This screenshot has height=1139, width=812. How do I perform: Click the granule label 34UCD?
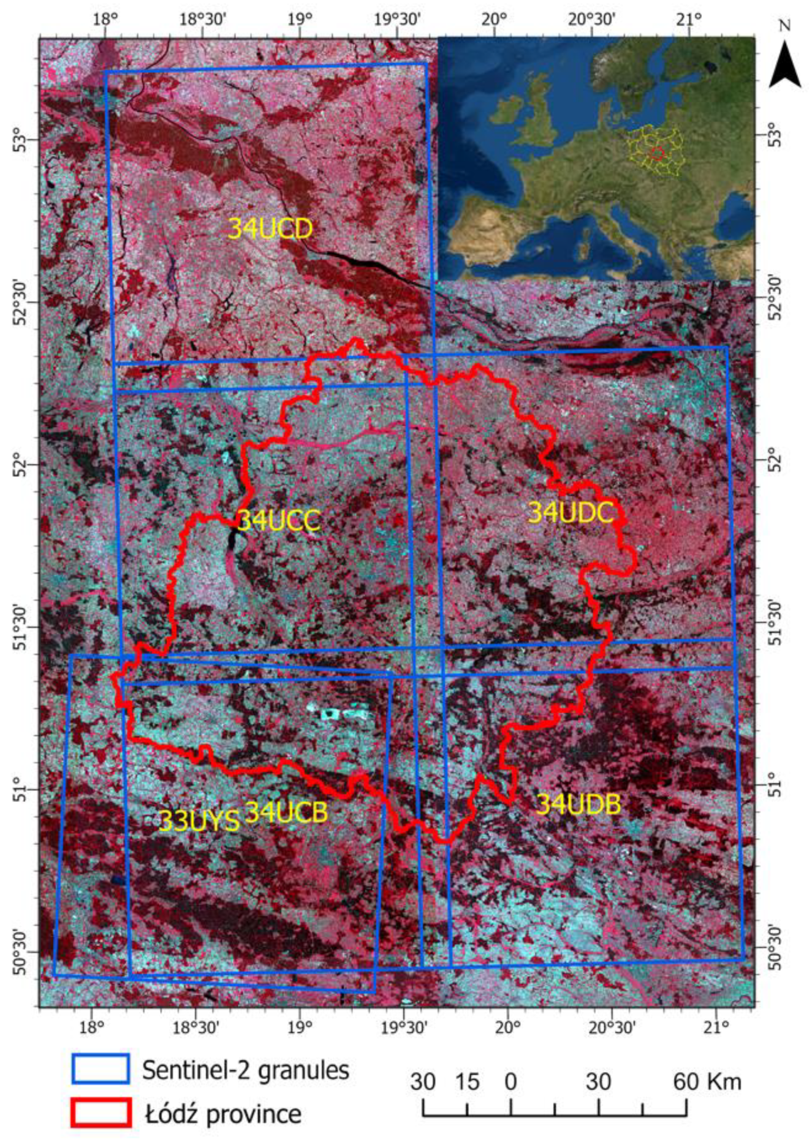[270, 229]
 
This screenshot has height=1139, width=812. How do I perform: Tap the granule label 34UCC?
[279, 521]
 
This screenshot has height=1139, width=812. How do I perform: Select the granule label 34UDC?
[571, 513]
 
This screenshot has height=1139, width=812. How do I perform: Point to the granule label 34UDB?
[578, 804]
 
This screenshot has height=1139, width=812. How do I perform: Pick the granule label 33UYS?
[199, 821]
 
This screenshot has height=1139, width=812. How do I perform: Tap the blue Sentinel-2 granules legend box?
[101, 1069]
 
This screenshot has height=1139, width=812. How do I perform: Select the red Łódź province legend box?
[101, 1113]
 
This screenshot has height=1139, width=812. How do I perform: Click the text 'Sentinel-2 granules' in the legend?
[246, 1070]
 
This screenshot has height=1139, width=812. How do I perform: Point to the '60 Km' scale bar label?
[707, 1082]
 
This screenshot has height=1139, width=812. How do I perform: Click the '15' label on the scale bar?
[467, 1082]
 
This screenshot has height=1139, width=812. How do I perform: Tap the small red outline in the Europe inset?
[657, 153]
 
